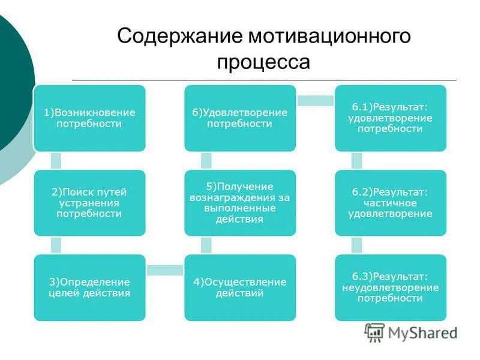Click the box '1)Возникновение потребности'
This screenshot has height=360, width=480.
pos(89,118)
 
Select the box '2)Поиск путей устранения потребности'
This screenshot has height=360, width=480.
pos(89,203)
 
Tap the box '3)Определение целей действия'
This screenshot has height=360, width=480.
pos(89,287)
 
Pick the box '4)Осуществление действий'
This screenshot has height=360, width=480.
pos(239,287)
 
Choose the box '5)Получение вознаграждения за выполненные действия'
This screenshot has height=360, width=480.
pos(239,203)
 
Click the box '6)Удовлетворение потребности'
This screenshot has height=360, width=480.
pos(239,118)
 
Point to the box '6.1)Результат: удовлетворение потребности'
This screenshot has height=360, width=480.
pos(390,118)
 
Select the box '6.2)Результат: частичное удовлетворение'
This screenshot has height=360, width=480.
pos(390,203)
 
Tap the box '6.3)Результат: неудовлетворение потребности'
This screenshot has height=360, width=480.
pos(390,287)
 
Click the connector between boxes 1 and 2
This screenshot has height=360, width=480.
pos(56,161)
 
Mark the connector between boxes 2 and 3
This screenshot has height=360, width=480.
pos(56,245)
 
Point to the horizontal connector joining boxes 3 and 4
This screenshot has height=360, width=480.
pos(164,271)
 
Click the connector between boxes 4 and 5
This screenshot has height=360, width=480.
pos(206,245)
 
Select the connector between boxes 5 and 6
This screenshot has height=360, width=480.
pos(206,161)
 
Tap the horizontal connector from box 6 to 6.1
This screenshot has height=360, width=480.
pos(315,101)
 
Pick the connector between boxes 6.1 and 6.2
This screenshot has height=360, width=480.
pos(356,161)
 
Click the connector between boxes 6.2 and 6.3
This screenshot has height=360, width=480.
pos(356,245)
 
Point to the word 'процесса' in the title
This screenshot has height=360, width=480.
pos(263,62)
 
